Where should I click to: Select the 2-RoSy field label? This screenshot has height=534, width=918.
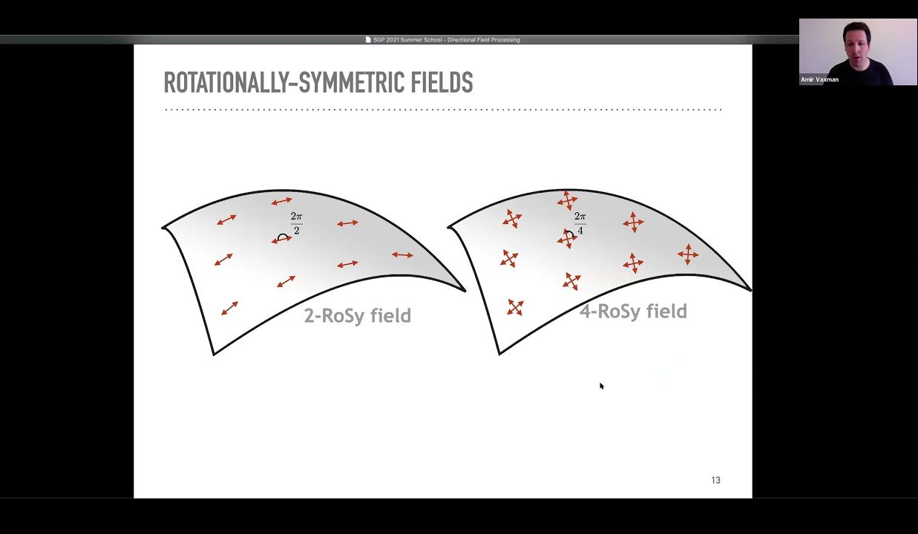(357, 316)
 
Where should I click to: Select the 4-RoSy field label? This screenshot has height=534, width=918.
(633, 311)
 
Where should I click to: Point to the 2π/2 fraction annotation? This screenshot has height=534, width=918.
(296, 223)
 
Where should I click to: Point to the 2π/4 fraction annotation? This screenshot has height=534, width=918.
(580, 223)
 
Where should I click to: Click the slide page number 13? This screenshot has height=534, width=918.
(715, 481)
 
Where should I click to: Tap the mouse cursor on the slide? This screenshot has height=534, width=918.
(601, 386)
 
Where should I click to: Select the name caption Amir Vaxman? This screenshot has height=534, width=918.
(819, 79)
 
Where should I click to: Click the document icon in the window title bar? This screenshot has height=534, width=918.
(368, 40)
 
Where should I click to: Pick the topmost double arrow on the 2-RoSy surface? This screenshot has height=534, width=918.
(281, 201)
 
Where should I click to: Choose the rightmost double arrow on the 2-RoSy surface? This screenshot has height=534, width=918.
(402, 255)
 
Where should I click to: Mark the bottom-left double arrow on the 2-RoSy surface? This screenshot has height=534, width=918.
(229, 308)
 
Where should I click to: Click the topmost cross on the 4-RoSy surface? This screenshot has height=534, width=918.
(567, 200)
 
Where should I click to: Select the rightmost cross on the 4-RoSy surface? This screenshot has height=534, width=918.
(688, 254)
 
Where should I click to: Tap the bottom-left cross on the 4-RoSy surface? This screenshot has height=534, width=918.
(515, 307)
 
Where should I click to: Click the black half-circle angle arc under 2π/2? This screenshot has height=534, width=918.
(282, 237)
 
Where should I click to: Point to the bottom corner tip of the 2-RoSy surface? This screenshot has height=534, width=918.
(214, 354)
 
